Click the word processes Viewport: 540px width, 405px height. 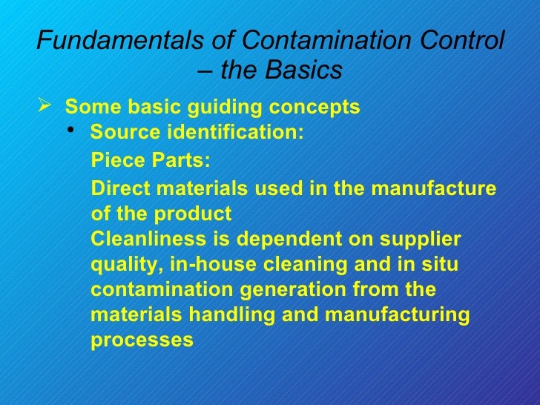[x=142, y=340]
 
